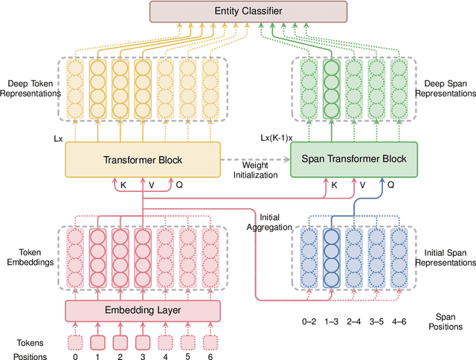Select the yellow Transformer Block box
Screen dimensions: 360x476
pyautogui.click(x=143, y=159)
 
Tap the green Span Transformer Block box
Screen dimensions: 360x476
pyautogui.click(x=355, y=159)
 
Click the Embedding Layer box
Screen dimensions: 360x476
pyautogui.click(x=143, y=309)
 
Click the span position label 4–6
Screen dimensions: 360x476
pyautogui.click(x=399, y=321)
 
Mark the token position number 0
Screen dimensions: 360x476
pyautogui.click(x=74, y=357)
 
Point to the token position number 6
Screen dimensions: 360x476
pyautogui.click(x=211, y=357)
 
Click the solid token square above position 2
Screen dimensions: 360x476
pyautogui.click(x=120, y=343)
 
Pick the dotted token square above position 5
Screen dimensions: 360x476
pyautogui.click(x=188, y=343)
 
